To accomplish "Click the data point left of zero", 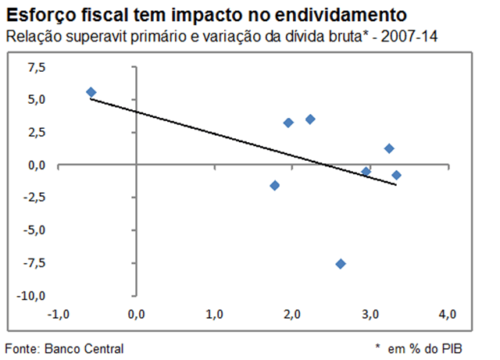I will click(x=91, y=92).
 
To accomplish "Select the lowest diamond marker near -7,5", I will click(x=341, y=264).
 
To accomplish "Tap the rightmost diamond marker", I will click(x=396, y=175).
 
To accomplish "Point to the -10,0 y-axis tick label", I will click(x=33, y=296).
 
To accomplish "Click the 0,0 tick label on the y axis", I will click(x=37, y=165).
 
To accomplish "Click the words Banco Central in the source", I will click(x=82, y=348).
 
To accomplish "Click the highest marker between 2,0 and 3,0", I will click(x=310, y=119).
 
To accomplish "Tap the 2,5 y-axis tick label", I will click(x=37, y=132).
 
